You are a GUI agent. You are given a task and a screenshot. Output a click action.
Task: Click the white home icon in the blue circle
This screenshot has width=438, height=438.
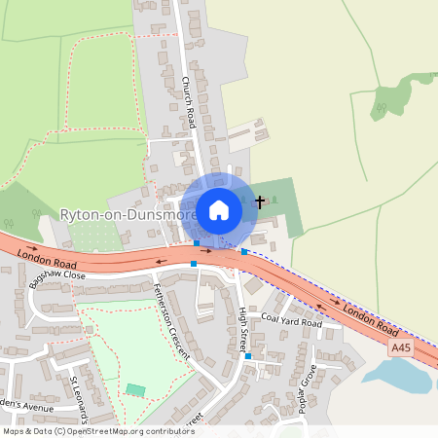[x=219, y=209]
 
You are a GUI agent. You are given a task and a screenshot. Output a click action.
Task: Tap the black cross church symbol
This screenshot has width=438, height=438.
[x=259, y=202]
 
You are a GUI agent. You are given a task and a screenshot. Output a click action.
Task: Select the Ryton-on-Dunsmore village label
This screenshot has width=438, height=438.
[x=128, y=214]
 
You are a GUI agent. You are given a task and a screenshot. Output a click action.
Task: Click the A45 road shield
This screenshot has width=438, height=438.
[x=400, y=347]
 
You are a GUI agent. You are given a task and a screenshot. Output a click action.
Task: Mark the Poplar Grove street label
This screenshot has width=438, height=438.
[x=308, y=388]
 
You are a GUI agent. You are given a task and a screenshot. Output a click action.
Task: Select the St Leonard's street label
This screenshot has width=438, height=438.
[x=78, y=395]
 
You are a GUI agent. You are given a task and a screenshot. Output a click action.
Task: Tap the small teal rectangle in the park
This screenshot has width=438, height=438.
[x=135, y=390]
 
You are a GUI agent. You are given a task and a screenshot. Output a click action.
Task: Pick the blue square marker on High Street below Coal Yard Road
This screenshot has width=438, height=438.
[x=248, y=356]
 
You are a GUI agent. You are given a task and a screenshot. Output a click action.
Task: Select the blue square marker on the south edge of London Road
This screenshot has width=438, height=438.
[x=194, y=264]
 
